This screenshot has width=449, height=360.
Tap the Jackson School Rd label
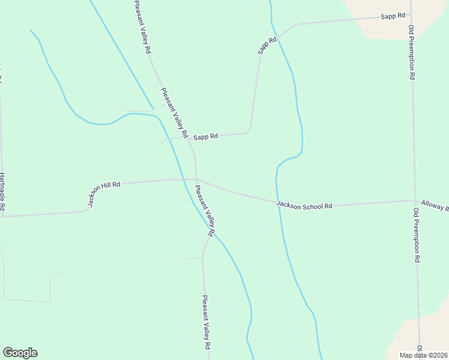coord(304,205)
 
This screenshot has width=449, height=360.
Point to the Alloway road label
coord(435,206)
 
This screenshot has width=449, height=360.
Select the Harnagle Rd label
coord(2,192)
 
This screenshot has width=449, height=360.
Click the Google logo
coord(20,353)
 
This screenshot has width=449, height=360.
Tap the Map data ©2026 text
coord(424,355)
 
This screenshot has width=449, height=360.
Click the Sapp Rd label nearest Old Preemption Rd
coord(393,16)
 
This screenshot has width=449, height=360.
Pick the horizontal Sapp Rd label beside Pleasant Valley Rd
coord(205,137)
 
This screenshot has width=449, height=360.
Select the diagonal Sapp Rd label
coord(267,46)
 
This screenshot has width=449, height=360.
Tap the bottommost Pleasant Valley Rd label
coord(206,323)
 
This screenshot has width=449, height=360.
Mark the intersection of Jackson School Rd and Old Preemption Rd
coord(415,201)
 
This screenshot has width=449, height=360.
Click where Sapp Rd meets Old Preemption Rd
coord(411,16)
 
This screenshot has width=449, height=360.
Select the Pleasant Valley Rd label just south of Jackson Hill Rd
coord(204,210)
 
